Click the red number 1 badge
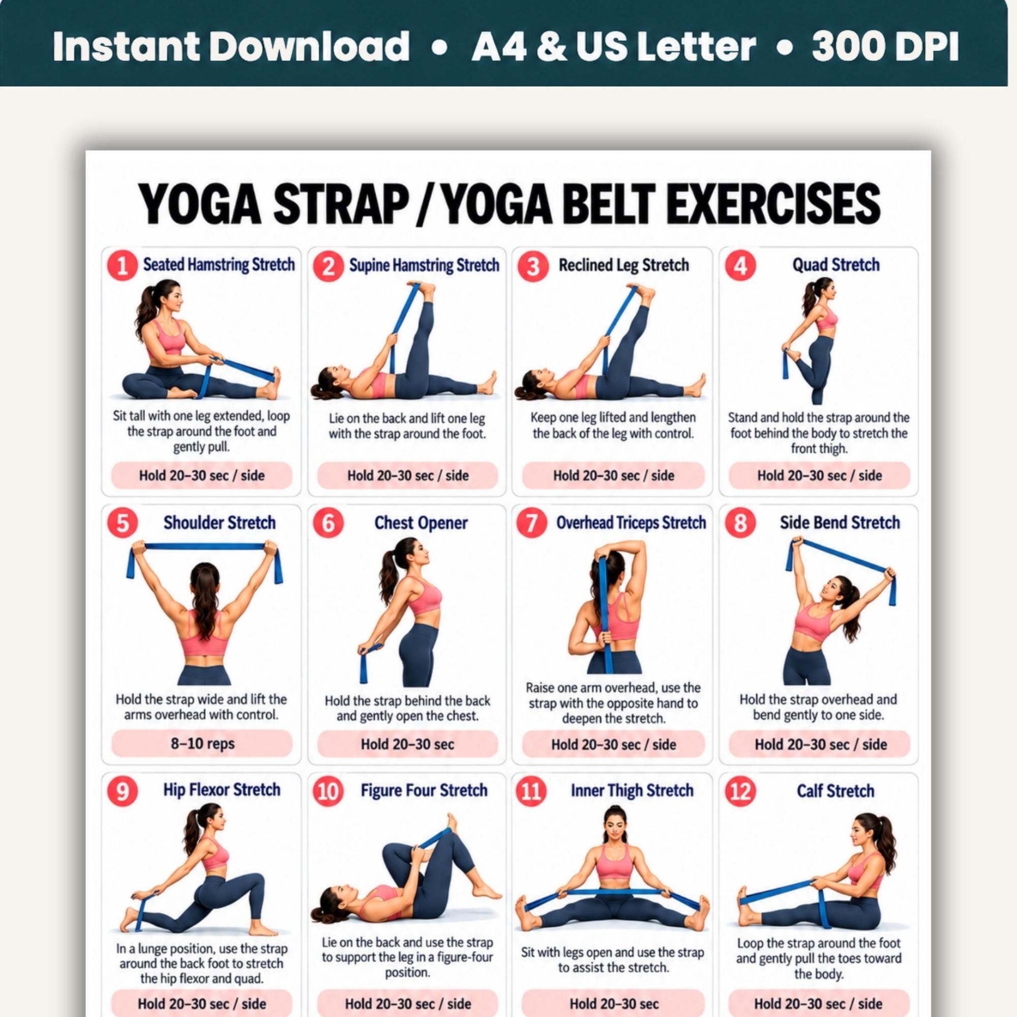[123, 266]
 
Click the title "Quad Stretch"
[836, 265]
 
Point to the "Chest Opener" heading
[421, 523]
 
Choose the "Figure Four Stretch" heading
[424, 791]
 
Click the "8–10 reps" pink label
[202, 744]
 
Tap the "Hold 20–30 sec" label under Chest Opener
[407, 744]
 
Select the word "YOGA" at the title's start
[199, 204]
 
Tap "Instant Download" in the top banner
[231, 46]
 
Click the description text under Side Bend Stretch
[818, 707]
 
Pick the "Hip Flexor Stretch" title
[222, 790]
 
